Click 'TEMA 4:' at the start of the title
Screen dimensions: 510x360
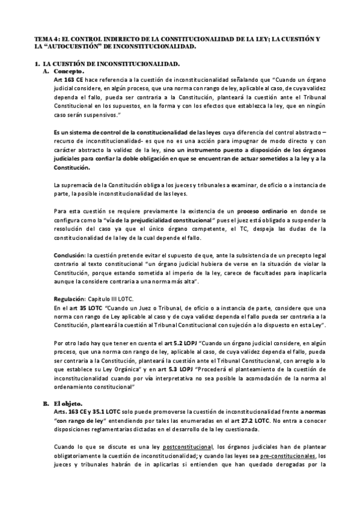click(49, 38)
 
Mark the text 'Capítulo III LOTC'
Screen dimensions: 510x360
click(118, 298)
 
